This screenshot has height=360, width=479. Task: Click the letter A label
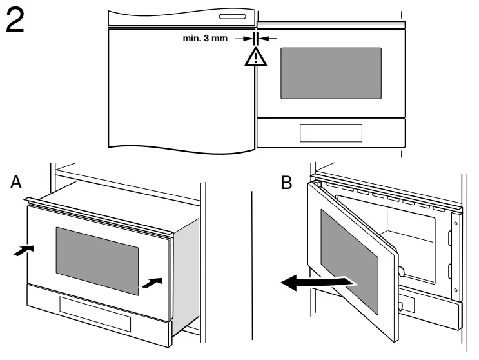(17, 184)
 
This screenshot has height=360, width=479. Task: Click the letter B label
(288, 183)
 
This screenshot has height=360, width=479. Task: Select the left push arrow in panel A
(21, 250)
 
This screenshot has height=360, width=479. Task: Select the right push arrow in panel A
(149, 283)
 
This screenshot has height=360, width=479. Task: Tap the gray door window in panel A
(97, 259)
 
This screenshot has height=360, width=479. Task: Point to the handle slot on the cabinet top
(233, 17)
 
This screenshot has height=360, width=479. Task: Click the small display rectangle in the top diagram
(330, 132)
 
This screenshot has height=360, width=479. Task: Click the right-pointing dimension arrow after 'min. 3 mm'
(244, 39)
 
